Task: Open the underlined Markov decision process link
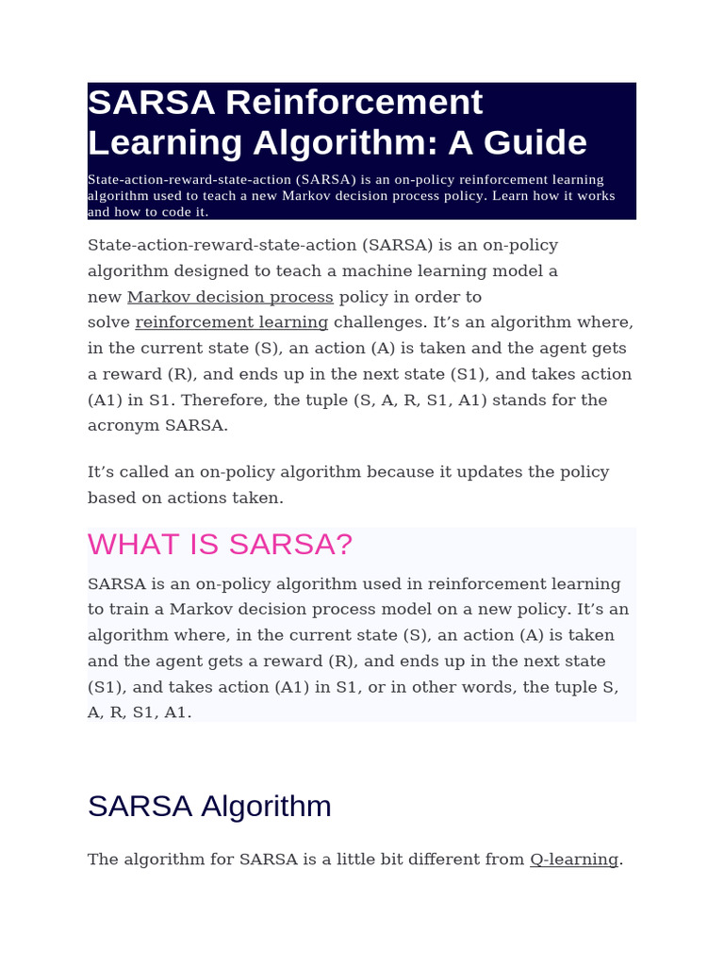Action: coord(230,297)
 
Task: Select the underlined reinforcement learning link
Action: coord(232,322)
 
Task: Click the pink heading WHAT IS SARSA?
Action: coord(220,544)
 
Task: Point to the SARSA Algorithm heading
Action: coord(209,806)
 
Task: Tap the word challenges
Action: coord(379,322)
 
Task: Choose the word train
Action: coord(130,610)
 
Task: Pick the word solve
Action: coord(108,322)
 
